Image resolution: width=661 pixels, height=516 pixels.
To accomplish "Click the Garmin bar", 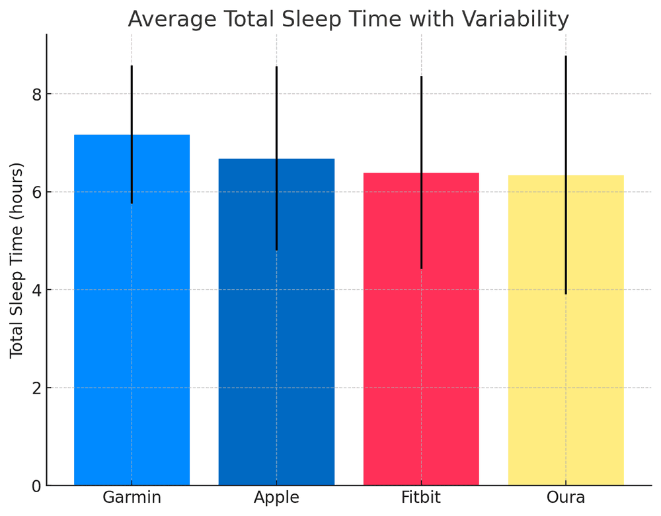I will coord(106,311).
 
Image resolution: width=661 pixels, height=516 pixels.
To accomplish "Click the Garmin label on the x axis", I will coord(132,497).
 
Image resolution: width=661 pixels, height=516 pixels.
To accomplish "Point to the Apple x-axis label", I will coord(276,497).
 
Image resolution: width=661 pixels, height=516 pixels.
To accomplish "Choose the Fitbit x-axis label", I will coord(421,497).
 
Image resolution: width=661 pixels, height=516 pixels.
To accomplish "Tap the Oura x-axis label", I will coord(566,497).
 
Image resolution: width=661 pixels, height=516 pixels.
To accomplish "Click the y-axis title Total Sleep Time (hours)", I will coord(17,260).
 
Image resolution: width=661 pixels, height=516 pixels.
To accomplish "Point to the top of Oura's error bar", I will coord(566,57).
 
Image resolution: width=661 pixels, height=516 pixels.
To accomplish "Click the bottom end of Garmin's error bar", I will coord(132,202).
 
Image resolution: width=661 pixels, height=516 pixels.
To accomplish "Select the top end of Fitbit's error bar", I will coord(421,77).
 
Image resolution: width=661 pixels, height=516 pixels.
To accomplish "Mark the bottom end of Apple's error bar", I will coord(276,249).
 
